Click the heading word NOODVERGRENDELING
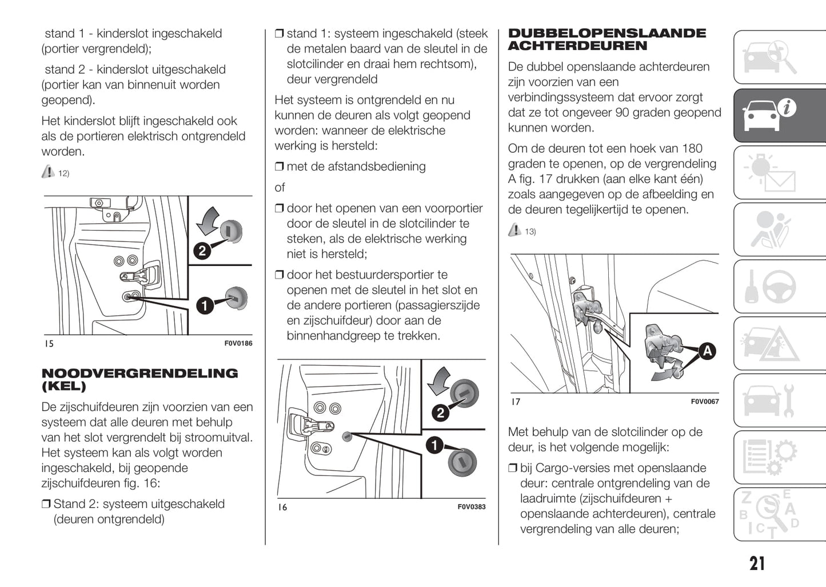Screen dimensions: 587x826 coord(140,374)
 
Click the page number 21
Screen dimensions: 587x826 coord(757,564)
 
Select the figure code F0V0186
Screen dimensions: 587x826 coord(238,343)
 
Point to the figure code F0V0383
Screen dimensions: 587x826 coord(471,507)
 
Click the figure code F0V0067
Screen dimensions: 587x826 coord(704,402)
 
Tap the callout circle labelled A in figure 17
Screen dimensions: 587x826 coord(707,351)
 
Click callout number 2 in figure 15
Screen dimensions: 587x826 coord(202,251)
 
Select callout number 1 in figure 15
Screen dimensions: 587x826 coord(204,306)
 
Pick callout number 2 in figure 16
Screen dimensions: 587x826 coord(440,413)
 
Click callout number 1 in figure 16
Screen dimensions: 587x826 coord(434,445)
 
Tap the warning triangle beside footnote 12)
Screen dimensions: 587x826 coord(48,172)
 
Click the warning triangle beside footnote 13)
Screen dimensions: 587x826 coord(514,230)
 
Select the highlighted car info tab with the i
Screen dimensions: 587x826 coord(780,115)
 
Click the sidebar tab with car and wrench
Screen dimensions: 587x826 coord(780,400)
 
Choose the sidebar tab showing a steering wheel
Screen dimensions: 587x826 coord(780,286)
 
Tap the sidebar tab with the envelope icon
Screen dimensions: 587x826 coord(780,172)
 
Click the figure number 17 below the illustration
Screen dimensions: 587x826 coord(516,402)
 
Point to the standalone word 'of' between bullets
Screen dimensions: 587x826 coord(280,188)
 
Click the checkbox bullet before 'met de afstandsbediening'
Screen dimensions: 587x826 coord(279,167)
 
